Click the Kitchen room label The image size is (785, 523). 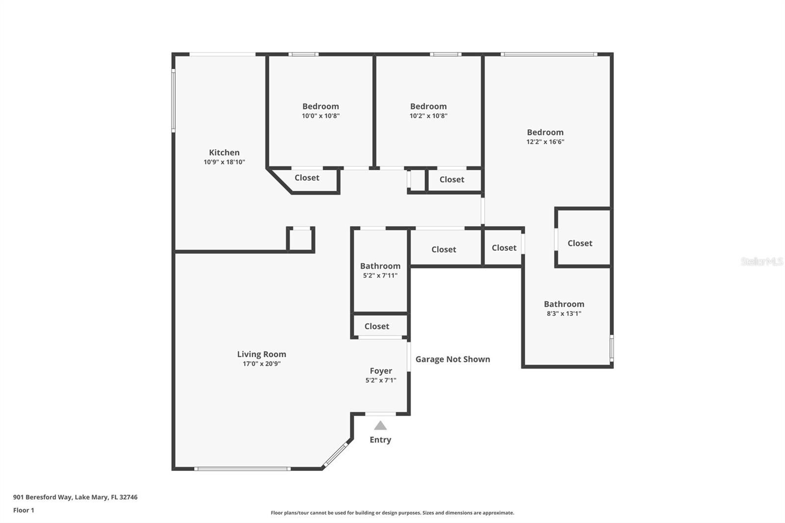tap(224, 153)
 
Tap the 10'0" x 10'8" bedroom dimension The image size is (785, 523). tap(320, 116)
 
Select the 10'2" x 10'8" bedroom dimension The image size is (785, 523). tap(428, 116)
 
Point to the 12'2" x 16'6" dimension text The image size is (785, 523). tap(545, 142)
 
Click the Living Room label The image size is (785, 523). tap(262, 354)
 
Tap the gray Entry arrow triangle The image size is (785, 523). tap(380, 425)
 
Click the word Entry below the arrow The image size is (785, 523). tap(380, 440)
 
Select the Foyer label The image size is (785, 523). tap(381, 371)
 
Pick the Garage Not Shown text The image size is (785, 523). tap(452, 359)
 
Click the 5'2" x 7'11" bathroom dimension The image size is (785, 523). tap(380, 276)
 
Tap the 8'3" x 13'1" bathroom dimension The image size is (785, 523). tap(564, 314)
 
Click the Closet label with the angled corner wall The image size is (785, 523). tap(307, 178)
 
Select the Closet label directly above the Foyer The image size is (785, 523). tap(377, 326)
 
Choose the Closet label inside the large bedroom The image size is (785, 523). tap(580, 243)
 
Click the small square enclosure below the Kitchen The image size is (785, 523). tap(300, 240)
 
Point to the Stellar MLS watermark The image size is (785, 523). tap(761, 261)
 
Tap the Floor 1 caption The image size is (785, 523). tap(24, 510)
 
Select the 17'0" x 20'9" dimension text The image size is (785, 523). tap(262, 364)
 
